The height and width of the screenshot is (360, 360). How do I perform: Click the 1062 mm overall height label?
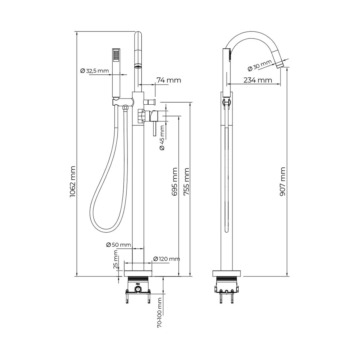point(72,182)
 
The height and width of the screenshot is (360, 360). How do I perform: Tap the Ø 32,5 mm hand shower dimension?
point(94,71)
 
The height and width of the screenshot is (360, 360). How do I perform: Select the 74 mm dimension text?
point(169,80)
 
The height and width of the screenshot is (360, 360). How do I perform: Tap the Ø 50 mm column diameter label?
point(118,245)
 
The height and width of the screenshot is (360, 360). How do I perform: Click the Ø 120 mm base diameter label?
point(166,259)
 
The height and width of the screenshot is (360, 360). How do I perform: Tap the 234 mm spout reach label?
point(258,80)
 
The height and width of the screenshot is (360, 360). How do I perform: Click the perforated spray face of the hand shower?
point(116,55)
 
